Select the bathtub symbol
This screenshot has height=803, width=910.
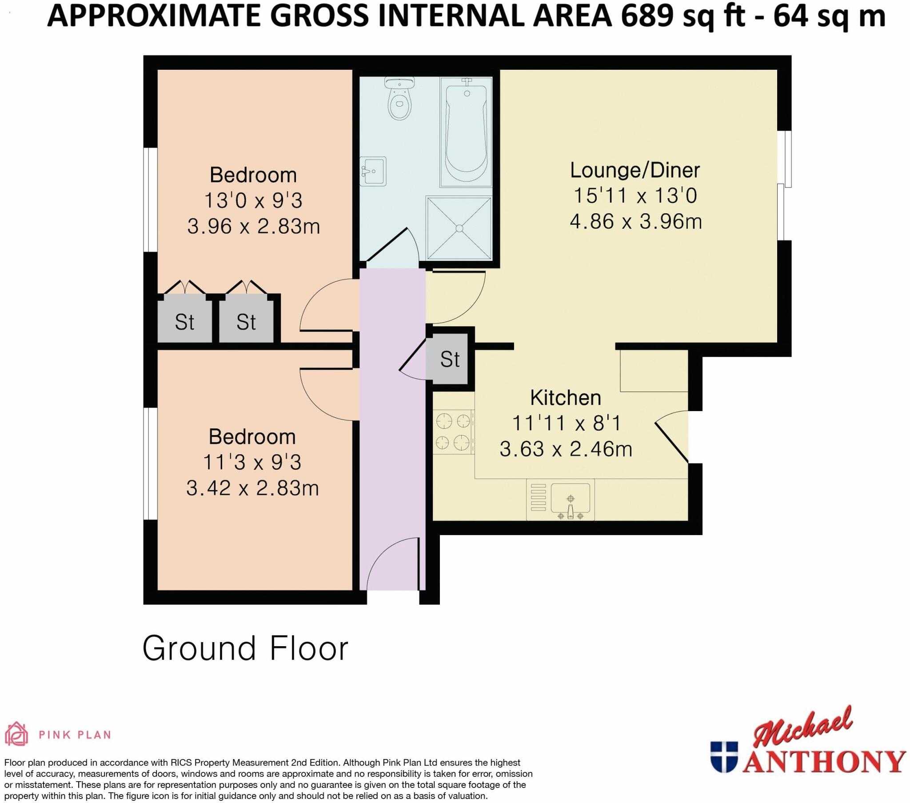(466, 132)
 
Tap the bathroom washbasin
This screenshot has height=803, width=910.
(373, 171)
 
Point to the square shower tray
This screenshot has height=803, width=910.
(459, 228)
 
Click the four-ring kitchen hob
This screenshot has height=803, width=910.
(453, 431)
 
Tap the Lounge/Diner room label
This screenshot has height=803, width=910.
(635, 170)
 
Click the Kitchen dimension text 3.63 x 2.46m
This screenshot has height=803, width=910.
(565, 449)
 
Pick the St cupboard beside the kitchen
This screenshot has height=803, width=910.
(449, 359)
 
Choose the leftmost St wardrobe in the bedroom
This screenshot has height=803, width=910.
(184, 322)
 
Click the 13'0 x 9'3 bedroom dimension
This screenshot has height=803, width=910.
(253, 200)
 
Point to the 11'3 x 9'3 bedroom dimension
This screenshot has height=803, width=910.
(252, 462)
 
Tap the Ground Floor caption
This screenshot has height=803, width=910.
(245, 648)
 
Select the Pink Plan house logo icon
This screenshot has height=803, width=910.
(16, 734)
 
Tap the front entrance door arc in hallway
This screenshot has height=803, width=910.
(392, 563)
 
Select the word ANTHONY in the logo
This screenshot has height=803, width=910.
(824, 762)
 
